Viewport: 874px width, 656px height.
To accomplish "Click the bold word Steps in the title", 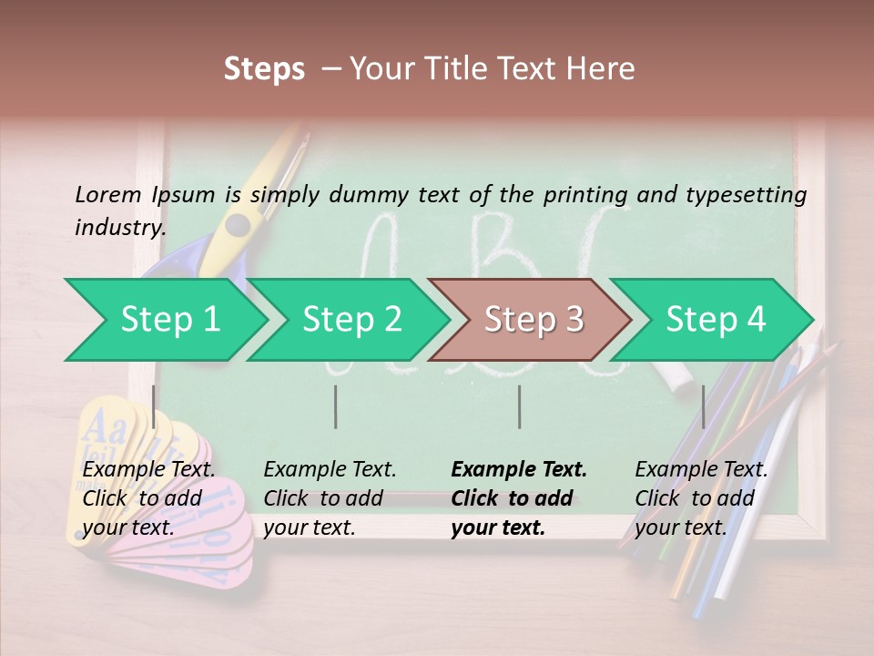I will [x=264, y=69].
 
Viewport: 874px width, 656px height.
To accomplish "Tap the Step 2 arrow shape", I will [x=351, y=320].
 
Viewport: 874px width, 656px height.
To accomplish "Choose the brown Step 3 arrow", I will [x=533, y=320].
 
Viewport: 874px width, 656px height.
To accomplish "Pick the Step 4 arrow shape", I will [x=715, y=320].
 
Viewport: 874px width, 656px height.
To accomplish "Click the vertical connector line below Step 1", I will [x=154, y=406].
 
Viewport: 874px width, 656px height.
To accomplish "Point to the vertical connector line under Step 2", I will [x=336, y=406].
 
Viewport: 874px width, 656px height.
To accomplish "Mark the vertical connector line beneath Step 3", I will [x=520, y=406].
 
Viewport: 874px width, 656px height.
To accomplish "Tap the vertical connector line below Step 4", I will [x=704, y=406].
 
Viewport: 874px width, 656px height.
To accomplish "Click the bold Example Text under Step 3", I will [x=518, y=498].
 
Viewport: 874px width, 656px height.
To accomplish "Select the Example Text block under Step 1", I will [x=148, y=498].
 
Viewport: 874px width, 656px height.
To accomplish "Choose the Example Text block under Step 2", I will [x=330, y=498].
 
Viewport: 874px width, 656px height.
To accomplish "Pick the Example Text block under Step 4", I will [x=701, y=498].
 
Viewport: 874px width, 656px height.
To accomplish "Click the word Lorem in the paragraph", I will [x=108, y=194].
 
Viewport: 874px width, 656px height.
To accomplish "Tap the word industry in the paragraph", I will [x=118, y=227].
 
